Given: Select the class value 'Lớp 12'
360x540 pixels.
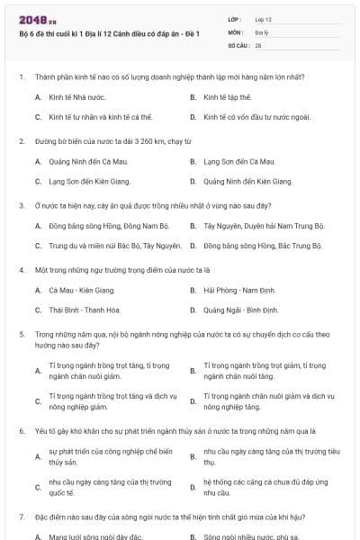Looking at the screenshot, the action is point(263,19).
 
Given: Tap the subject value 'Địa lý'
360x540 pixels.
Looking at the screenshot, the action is point(261,31).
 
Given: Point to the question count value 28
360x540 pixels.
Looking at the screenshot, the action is point(258,44).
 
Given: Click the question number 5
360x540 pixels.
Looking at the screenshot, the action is point(21,335).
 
